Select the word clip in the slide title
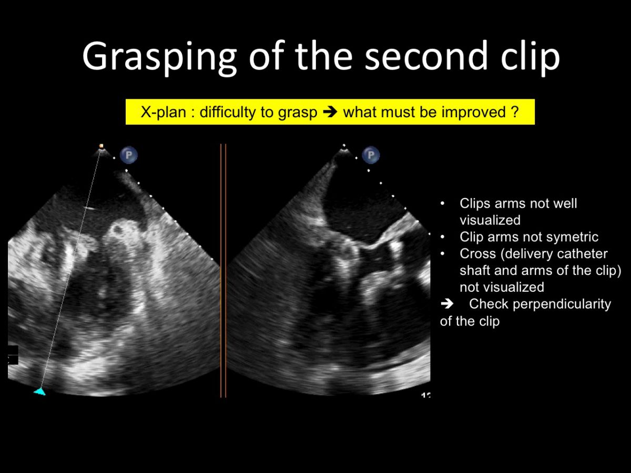tap(531, 57)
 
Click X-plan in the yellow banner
tap(164, 112)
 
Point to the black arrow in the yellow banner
tap(330, 112)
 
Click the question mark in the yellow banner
tap(515, 112)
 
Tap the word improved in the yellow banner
tap(473, 112)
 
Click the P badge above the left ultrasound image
tap(128, 155)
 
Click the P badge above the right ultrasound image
tap(371, 155)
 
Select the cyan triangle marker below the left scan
tap(40, 392)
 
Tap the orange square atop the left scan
tap(101, 146)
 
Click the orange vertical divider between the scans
tap(223, 271)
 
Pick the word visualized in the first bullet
tap(490, 220)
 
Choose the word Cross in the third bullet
tap(477, 254)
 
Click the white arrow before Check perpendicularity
tap(447, 304)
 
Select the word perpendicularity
tap(562, 304)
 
